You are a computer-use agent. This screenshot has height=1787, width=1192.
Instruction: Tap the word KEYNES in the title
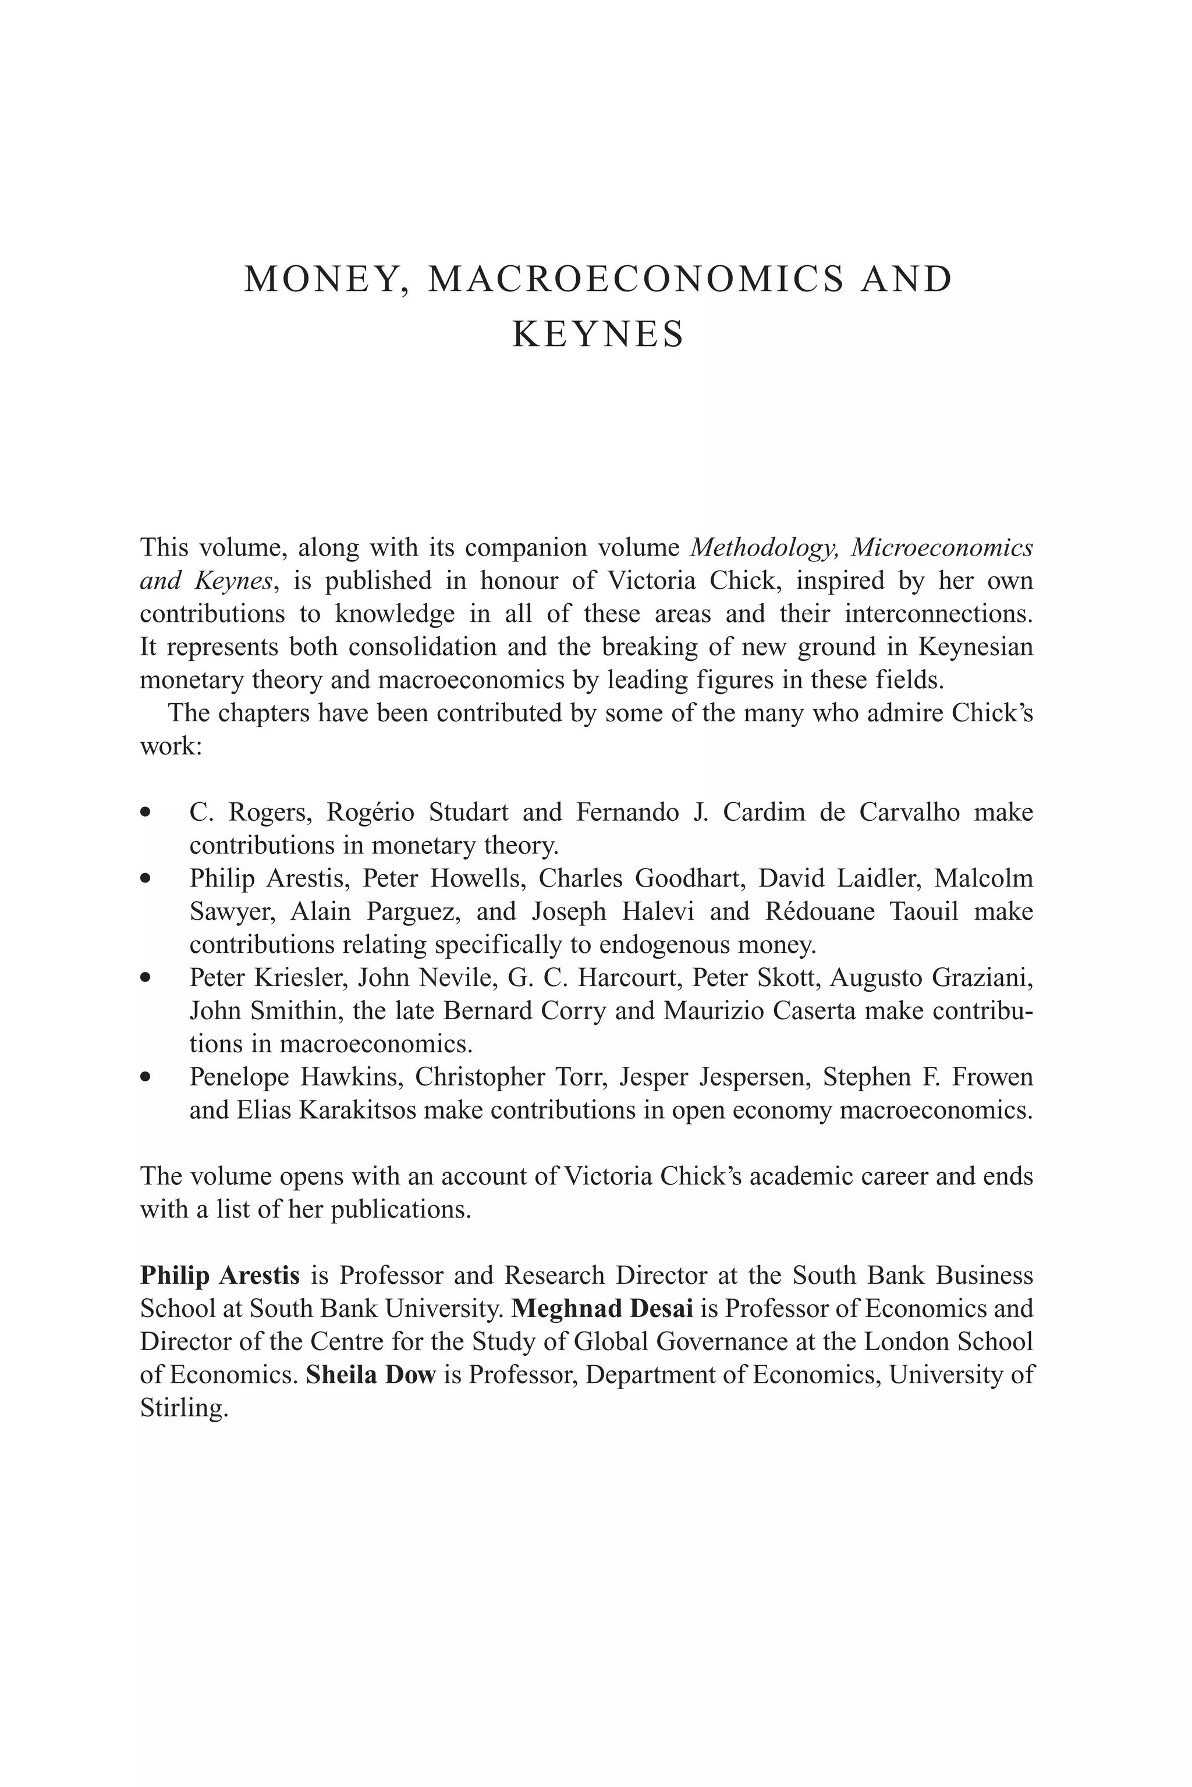pyautogui.click(x=598, y=334)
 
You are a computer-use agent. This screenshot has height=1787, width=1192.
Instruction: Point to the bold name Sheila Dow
pyautogui.click(x=370, y=1375)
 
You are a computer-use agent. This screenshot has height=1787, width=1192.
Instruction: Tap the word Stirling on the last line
pyautogui.click(x=183, y=1408)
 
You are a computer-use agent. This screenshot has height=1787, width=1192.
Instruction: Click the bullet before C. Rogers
pyautogui.click(x=146, y=813)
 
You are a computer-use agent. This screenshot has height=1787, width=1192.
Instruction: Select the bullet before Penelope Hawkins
pyautogui.click(x=146, y=1077)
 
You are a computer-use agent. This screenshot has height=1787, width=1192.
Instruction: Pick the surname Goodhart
pyautogui.click(x=687, y=878)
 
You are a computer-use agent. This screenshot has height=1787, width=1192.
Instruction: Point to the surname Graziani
pyautogui.click(x=982, y=977)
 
